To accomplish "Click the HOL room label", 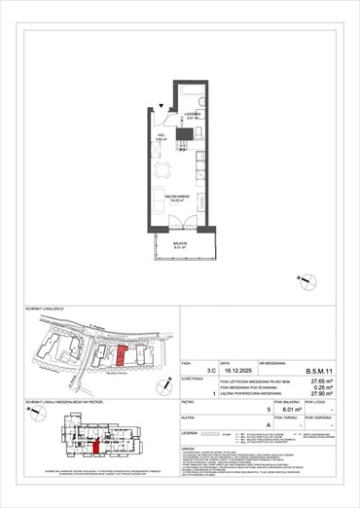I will tap(162, 137).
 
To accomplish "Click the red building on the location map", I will tap(120, 356).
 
